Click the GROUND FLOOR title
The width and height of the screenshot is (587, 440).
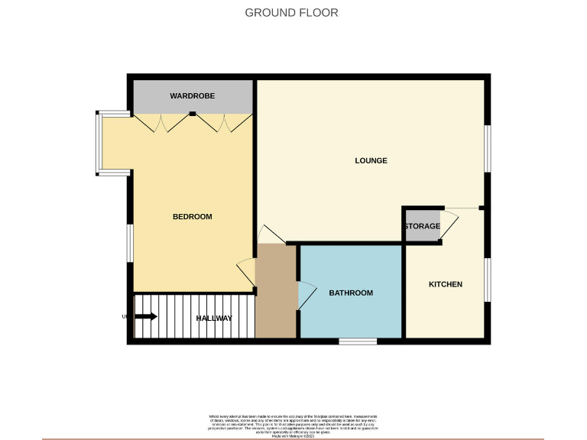[x=291, y=12]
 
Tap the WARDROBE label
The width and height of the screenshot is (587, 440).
[x=192, y=96]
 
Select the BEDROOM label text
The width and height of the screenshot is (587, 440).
[x=192, y=217]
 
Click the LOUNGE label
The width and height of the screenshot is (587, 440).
[x=371, y=160]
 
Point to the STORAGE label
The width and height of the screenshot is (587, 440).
[x=422, y=227]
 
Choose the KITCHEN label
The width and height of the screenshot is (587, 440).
[x=445, y=284]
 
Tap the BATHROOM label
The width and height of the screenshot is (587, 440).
[x=351, y=293]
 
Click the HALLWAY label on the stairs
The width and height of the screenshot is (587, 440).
[x=214, y=319]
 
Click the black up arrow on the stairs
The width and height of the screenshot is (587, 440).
[x=147, y=317]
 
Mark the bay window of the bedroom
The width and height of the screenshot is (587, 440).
[x=99, y=144]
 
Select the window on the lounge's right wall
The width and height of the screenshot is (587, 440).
[x=487, y=147]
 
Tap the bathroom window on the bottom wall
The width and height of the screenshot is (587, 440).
[x=358, y=341]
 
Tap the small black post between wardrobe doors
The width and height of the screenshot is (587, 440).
[x=193, y=115]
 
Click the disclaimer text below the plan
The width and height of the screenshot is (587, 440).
[x=293, y=426]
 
